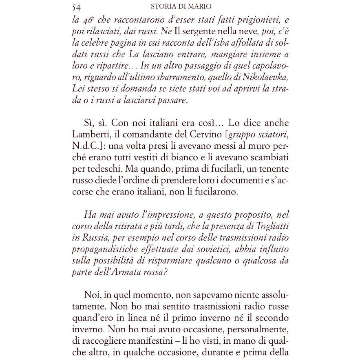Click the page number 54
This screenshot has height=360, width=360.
coord(76,7)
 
